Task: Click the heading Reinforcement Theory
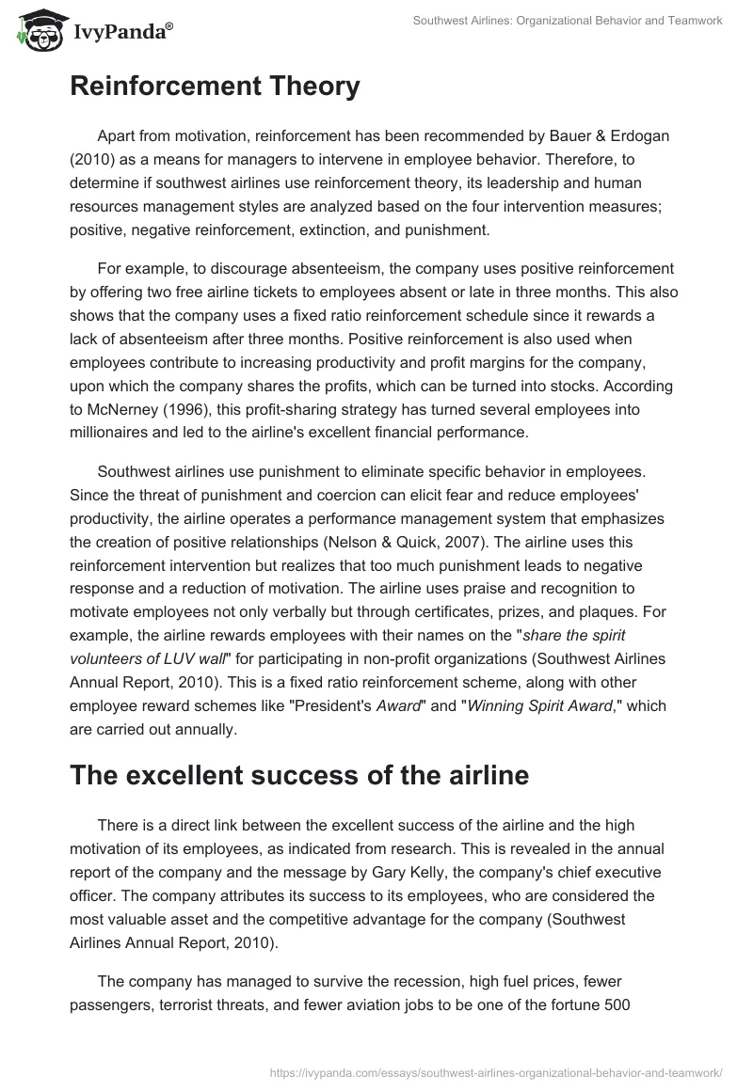(x=215, y=87)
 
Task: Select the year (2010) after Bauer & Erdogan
(x=93, y=159)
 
